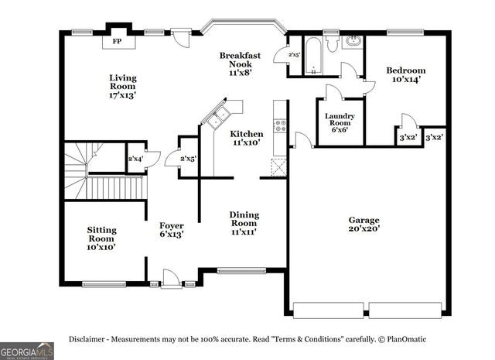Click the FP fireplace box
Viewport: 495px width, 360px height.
(x=118, y=41)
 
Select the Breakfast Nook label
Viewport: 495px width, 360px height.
(x=239, y=63)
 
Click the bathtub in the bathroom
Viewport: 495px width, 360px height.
(x=316, y=54)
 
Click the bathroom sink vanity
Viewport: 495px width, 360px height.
(x=352, y=42)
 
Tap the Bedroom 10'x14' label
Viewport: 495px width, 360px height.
(x=405, y=75)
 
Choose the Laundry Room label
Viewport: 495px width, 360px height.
(x=340, y=122)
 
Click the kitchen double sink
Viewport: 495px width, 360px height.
(x=214, y=117)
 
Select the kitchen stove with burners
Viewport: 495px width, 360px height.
(x=280, y=125)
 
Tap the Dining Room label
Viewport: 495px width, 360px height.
(x=244, y=222)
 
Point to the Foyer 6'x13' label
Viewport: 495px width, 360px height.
(x=171, y=229)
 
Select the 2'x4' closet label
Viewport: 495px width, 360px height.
(x=135, y=159)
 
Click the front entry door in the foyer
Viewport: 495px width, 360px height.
(x=171, y=279)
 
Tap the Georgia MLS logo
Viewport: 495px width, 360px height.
(x=27, y=350)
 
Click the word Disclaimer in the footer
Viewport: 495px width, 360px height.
(x=90, y=339)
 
